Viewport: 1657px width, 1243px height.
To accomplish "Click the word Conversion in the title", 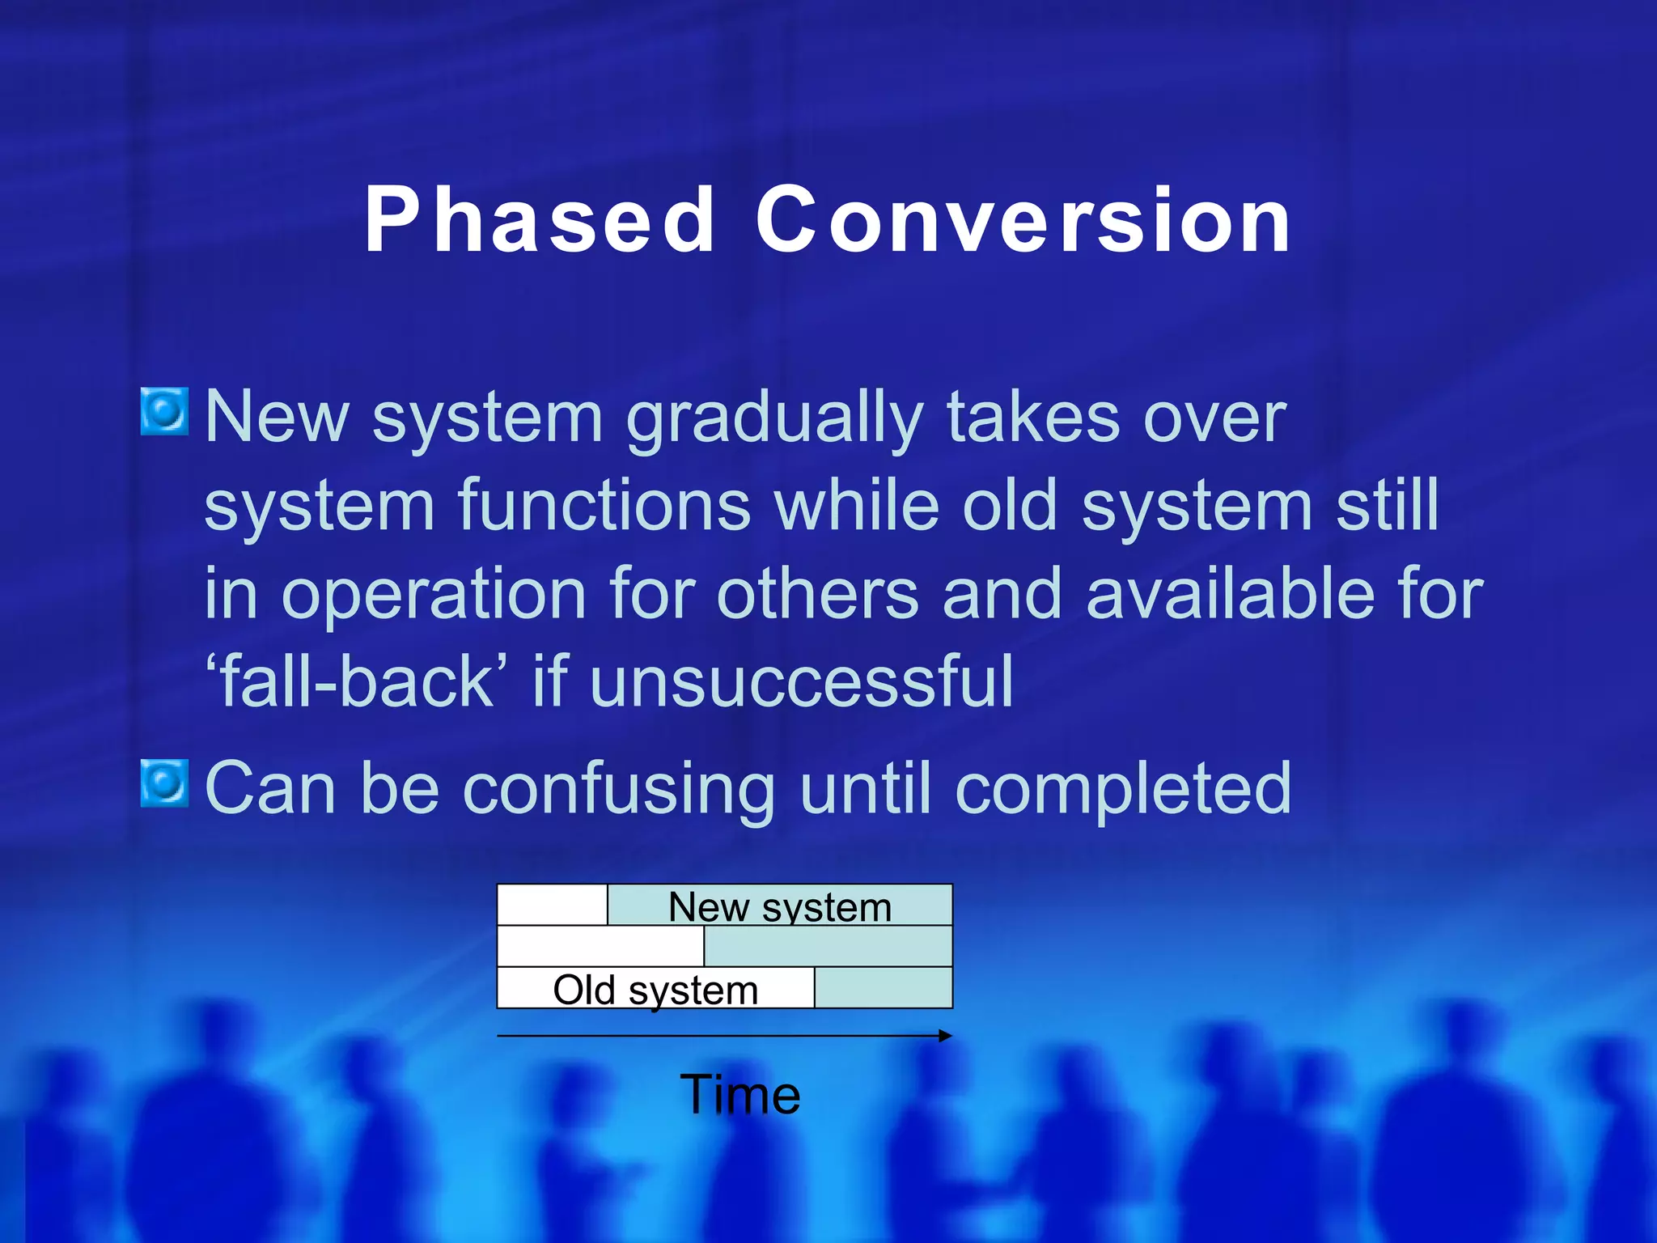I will tap(1023, 220).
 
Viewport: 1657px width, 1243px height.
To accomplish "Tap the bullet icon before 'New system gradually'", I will tap(165, 411).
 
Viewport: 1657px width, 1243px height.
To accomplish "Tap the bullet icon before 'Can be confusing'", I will tap(165, 783).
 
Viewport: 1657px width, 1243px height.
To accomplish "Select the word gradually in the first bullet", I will tap(774, 419).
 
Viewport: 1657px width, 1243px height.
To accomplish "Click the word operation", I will tap(434, 596).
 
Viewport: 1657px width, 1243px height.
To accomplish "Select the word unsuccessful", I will tap(801, 681).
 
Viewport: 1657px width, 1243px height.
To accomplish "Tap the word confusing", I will tap(619, 789).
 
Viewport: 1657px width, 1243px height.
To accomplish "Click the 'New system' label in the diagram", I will tap(780, 906).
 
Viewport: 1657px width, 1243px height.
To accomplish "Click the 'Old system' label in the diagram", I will tap(655, 989).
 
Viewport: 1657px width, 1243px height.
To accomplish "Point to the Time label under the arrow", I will tap(740, 1094).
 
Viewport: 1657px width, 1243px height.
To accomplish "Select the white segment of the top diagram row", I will tap(552, 905).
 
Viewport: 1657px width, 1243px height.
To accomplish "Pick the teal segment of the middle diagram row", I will tap(828, 946).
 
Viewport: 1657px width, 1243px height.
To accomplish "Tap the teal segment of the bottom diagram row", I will tap(883, 988).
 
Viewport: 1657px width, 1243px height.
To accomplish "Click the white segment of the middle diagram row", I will tap(600, 946).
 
